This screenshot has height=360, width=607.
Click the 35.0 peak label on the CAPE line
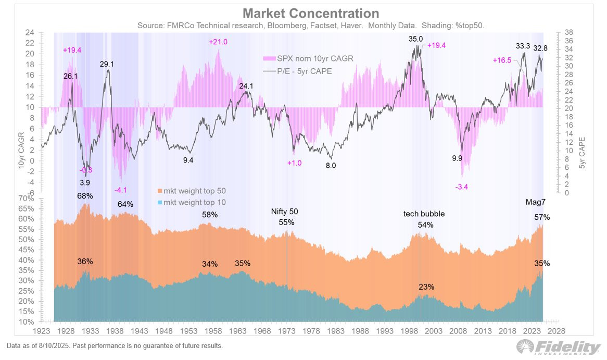point(415,39)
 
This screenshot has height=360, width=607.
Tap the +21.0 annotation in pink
point(218,42)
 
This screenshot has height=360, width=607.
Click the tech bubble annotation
point(425,214)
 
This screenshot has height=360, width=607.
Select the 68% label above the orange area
point(85,196)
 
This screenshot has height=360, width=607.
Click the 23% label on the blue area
point(426,287)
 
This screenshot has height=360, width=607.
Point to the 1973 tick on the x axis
point(284,330)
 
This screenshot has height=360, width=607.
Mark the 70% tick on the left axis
point(26,198)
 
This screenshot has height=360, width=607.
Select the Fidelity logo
point(558,347)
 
